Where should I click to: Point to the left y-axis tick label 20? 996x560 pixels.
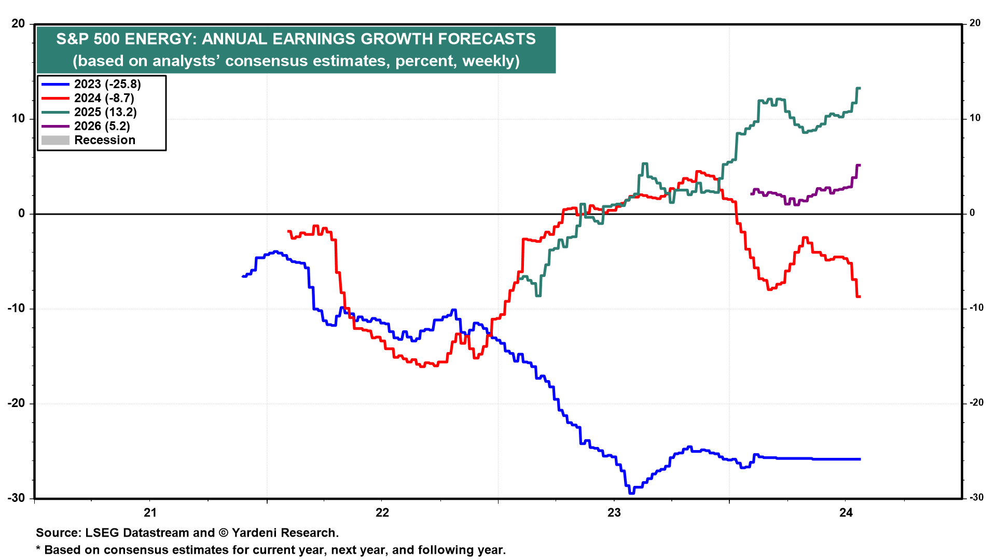pyautogui.click(x=18, y=24)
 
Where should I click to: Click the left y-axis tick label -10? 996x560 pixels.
pyautogui.click(x=16, y=309)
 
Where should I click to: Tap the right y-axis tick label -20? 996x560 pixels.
pyautogui.click(x=976, y=403)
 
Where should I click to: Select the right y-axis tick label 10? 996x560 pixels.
pyautogui.click(x=975, y=118)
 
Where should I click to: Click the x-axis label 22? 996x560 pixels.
pyautogui.click(x=382, y=513)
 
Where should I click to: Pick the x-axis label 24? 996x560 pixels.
pyautogui.click(x=846, y=513)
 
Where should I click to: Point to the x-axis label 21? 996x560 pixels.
pyautogui.click(x=150, y=513)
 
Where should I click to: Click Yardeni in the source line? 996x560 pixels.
pyautogui.click(x=255, y=533)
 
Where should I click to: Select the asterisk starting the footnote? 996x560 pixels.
pyautogui.click(x=38, y=549)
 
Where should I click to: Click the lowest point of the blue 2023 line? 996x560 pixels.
pyautogui.click(x=631, y=493)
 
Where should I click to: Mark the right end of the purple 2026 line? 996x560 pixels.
pyautogui.click(x=860, y=165)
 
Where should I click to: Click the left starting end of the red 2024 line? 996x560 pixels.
pyautogui.click(x=288, y=231)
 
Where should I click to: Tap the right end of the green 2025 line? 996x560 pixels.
pyautogui.click(x=860, y=88)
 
